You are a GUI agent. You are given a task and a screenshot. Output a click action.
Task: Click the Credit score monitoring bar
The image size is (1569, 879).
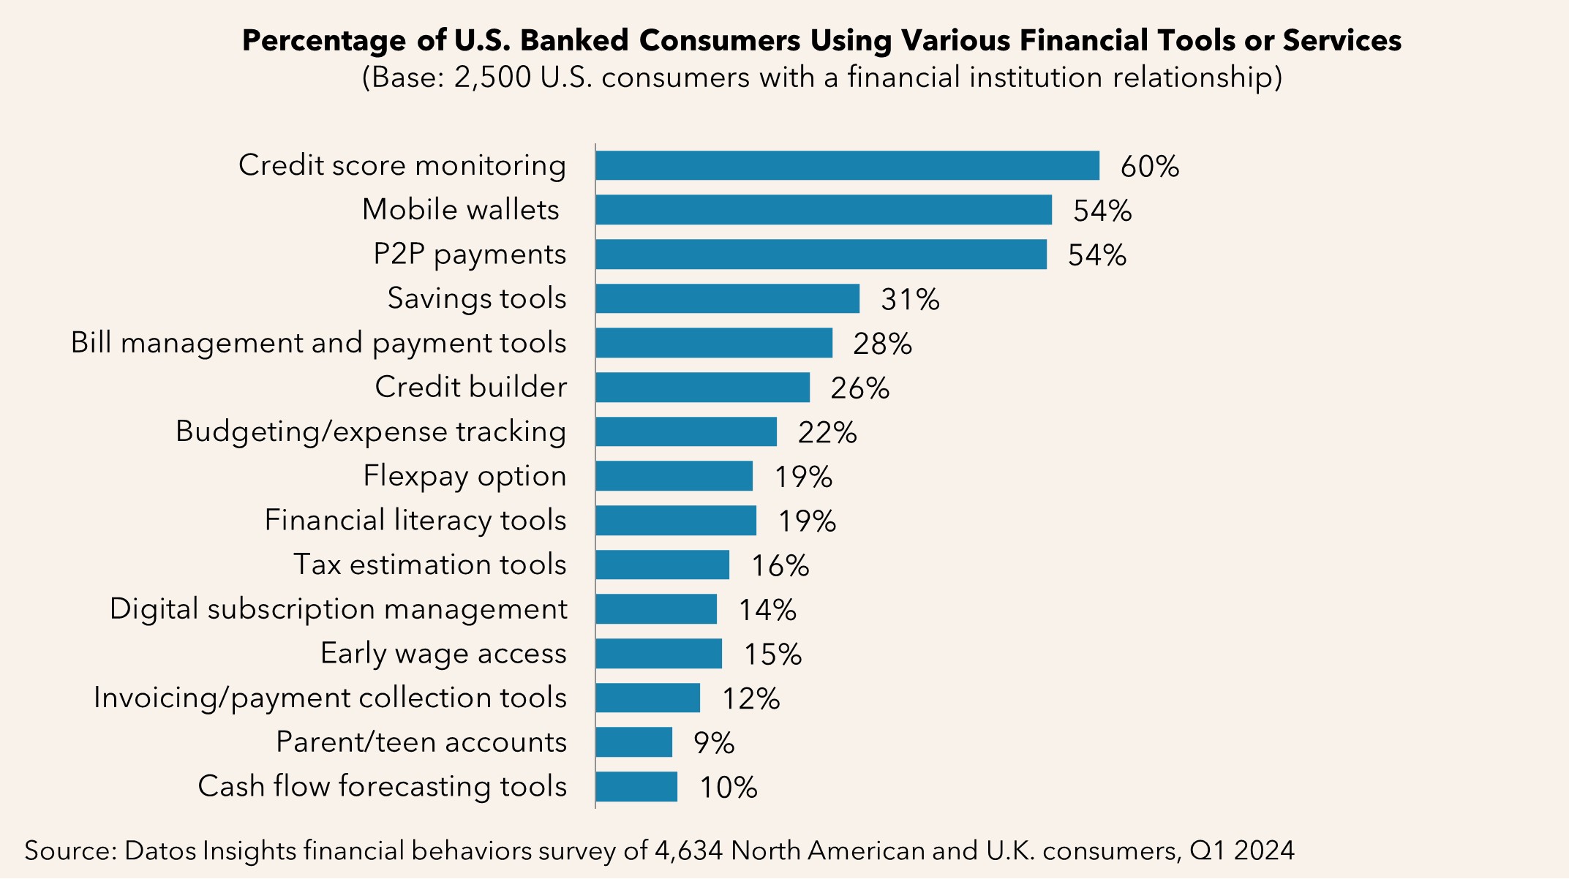tap(847, 165)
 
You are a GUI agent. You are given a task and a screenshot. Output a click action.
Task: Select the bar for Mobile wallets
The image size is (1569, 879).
tap(823, 210)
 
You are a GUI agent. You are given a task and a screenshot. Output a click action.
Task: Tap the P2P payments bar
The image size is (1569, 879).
tap(821, 254)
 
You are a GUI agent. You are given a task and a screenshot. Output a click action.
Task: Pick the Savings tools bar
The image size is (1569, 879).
tap(727, 298)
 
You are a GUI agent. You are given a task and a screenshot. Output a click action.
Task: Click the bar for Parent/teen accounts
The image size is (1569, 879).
tap(633, 742)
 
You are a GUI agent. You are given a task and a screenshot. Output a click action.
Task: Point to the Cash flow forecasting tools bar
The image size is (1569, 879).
tap(636, 787)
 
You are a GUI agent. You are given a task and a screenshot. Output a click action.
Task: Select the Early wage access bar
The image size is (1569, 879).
tap(658, 654)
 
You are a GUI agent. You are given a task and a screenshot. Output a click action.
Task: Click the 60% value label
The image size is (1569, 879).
tap(1149, 167)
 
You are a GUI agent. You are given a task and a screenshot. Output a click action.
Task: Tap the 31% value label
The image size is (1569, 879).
tap(910, 300)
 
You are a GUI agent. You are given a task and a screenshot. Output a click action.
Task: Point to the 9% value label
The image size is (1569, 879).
tap(713, 744)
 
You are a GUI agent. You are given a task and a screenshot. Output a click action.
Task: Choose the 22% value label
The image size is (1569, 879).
tap(827, 433)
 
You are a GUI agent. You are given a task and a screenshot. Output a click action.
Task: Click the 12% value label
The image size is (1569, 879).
tap(750, 699)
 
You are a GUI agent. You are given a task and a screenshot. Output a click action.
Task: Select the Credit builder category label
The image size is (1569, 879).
tap(470, 388)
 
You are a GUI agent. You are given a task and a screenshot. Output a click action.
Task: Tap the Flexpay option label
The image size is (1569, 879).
tap(464, 476)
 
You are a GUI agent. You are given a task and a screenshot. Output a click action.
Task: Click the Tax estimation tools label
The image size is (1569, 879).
tap(429, 565)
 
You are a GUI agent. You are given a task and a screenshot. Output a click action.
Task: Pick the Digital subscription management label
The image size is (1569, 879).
tap(338, 609)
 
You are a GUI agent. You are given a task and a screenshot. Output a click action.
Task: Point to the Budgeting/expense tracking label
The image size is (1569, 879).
tap(371, 432)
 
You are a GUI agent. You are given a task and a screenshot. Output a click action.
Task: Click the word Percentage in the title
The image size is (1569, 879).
tap(323, 41)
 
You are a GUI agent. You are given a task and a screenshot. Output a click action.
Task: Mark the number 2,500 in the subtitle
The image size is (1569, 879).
tap(492, 78)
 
